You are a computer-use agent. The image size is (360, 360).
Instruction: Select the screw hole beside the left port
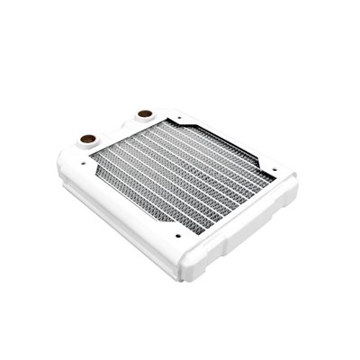tap(75, 159)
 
